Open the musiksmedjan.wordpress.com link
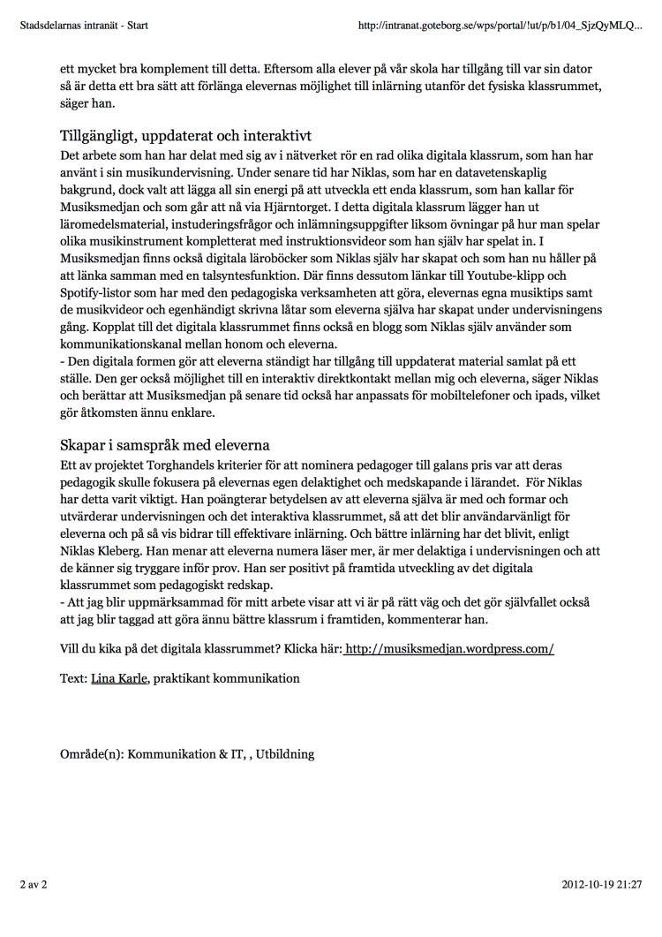coord(449,648)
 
